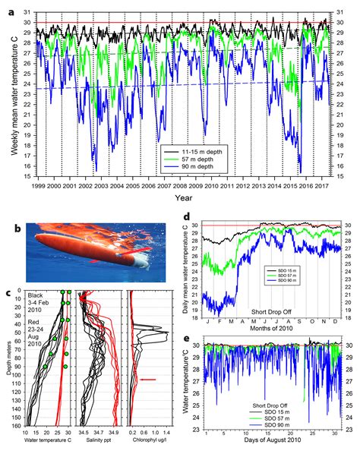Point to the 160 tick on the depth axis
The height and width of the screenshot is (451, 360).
[20, 426]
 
